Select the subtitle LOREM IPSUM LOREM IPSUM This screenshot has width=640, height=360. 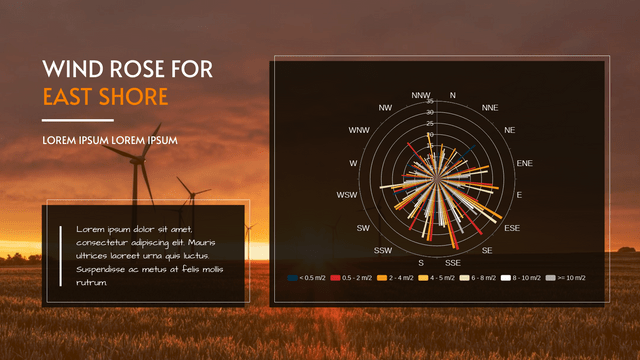110,140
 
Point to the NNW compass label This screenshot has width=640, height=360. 420,95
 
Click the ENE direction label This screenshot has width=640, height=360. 524,162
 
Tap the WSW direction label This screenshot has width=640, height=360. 347,195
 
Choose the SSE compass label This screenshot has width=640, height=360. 453,261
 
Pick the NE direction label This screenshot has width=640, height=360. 510,130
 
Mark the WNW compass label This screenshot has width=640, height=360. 358,130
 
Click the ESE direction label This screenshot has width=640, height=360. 512,229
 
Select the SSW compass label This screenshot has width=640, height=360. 383,250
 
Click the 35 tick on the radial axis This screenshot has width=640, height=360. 429,101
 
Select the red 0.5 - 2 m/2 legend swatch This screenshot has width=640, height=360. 335,277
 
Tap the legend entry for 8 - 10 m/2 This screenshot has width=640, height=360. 522,277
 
